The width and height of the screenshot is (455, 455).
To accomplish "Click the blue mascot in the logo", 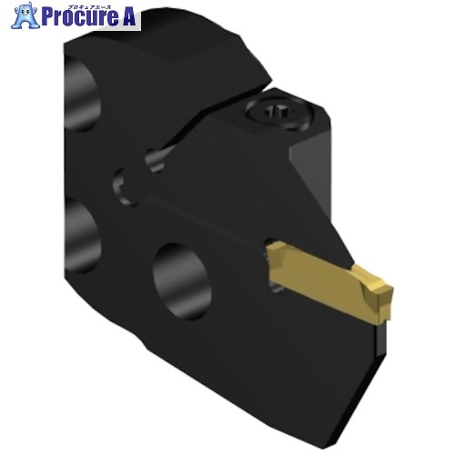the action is click(25, 15).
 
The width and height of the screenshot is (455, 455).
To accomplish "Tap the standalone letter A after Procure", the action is click(127, 16).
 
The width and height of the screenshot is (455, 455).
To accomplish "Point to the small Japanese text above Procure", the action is click(91, 5).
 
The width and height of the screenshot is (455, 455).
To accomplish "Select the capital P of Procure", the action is click(47, 17).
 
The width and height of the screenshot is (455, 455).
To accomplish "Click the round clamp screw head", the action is click(278, 113).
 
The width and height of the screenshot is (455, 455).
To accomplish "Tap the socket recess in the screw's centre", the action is click(277, 111).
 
